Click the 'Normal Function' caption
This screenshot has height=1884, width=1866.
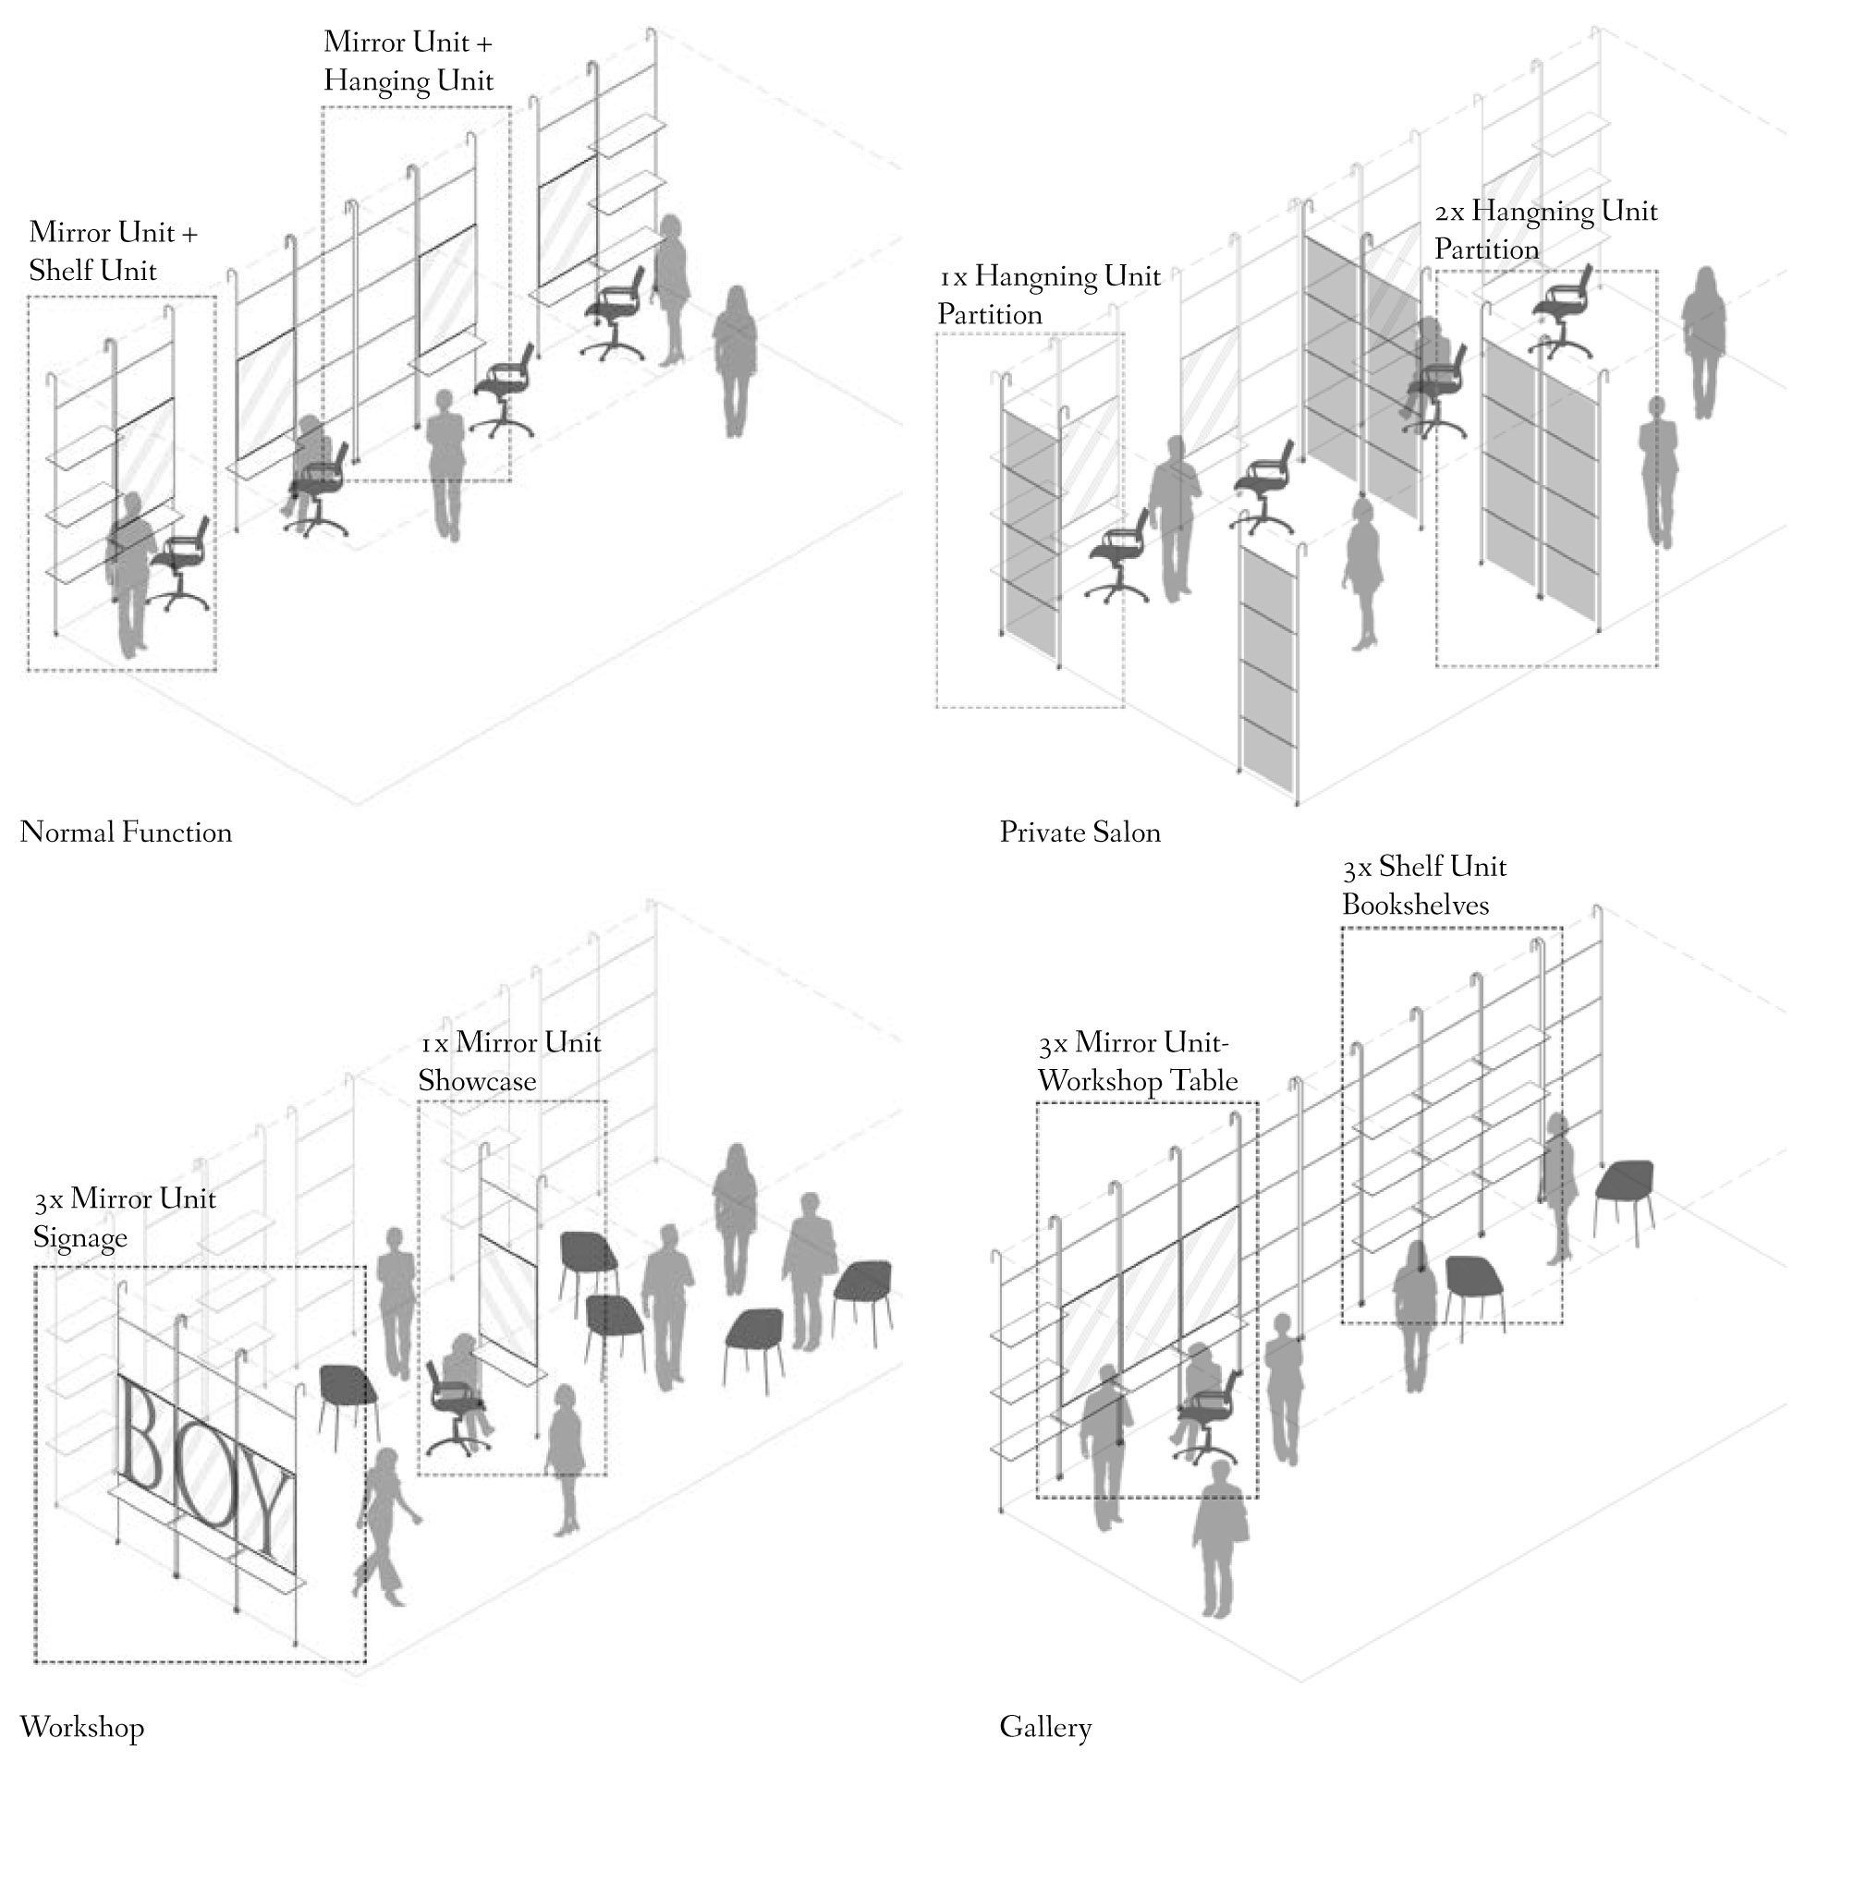[126, 833]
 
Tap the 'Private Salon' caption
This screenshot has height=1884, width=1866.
[1079, 833]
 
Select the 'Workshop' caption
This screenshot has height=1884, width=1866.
[82, 1726]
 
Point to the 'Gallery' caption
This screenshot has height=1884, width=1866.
[1044, 1726]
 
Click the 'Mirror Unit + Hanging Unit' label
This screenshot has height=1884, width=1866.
[408, 60]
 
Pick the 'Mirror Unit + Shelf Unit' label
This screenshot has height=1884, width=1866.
[112, 250]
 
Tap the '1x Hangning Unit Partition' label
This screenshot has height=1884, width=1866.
[1049, 295]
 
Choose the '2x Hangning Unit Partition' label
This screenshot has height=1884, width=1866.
[1545, 230]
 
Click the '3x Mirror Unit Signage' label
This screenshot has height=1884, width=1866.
[124, 1217]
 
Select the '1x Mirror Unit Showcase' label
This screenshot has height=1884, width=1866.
[509, 1061]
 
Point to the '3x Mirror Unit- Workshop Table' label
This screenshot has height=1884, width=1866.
[1138, 1061]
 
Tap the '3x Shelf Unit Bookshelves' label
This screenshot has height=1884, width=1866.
[1423, 885]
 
